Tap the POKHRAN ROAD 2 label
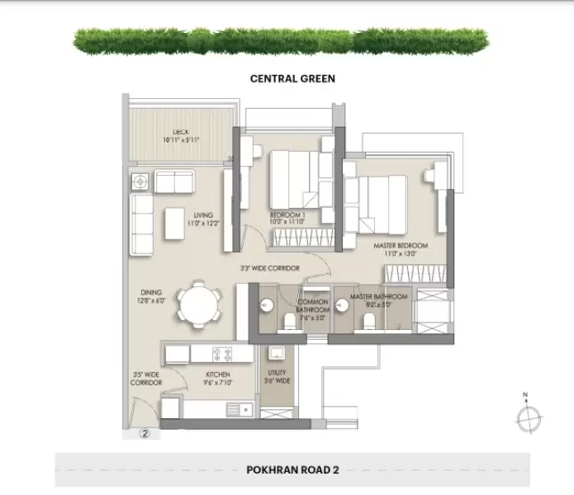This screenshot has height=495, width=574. (x=292, y=470)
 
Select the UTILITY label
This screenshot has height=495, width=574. (x=277, y=376)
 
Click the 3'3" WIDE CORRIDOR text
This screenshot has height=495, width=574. (x=269, y=268)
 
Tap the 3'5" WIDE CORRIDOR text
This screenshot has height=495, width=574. (x=145, y=379)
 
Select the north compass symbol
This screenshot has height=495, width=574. (x=526, y=416)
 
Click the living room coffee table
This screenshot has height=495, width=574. (x=175, y=222)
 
